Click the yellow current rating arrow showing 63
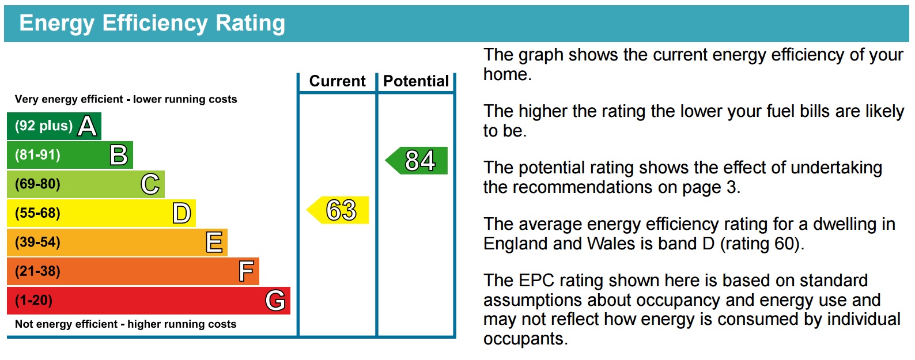(x=338, y=210)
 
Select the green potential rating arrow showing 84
(x=417, y=160)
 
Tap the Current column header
(x=338, y=81)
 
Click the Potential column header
(x=416, y=81)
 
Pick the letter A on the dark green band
(x=88, y=126)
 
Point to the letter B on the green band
(x=119, y=156)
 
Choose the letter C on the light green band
(x=150, y=184)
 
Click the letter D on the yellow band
(x=182, y=214)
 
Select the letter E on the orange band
(x=214, y=242)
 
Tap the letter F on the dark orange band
(x=246, y=271)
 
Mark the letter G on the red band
(x=275, y=301)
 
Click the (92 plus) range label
(x=44, y=126)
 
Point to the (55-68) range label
(x=37, y=213)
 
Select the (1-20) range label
(x=34, y=301)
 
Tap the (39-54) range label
(x=37, y=242)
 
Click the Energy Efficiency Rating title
(x=152, y=23)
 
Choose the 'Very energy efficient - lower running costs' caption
(x=126, y=99)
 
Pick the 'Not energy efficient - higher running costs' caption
(x=126, y=324)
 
